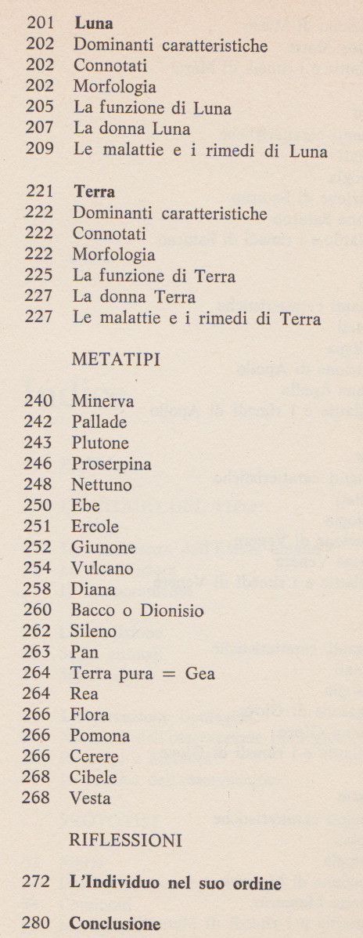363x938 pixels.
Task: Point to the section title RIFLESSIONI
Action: pyautogui.click(x=126, y=842)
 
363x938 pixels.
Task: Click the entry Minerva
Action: pyautogui.click(x=102, y=401)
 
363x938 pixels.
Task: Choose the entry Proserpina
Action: pyautogui.click(x=111, y=464)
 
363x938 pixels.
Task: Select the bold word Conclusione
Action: pyautogui.click(x=115, y=924)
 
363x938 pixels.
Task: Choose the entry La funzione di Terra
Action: pyautogui.click(x=153, y=276)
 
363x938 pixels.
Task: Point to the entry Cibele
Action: pyautogui.click(x=94, y=777)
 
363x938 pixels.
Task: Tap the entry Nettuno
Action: pyautogui.click(x=102, y=485)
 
